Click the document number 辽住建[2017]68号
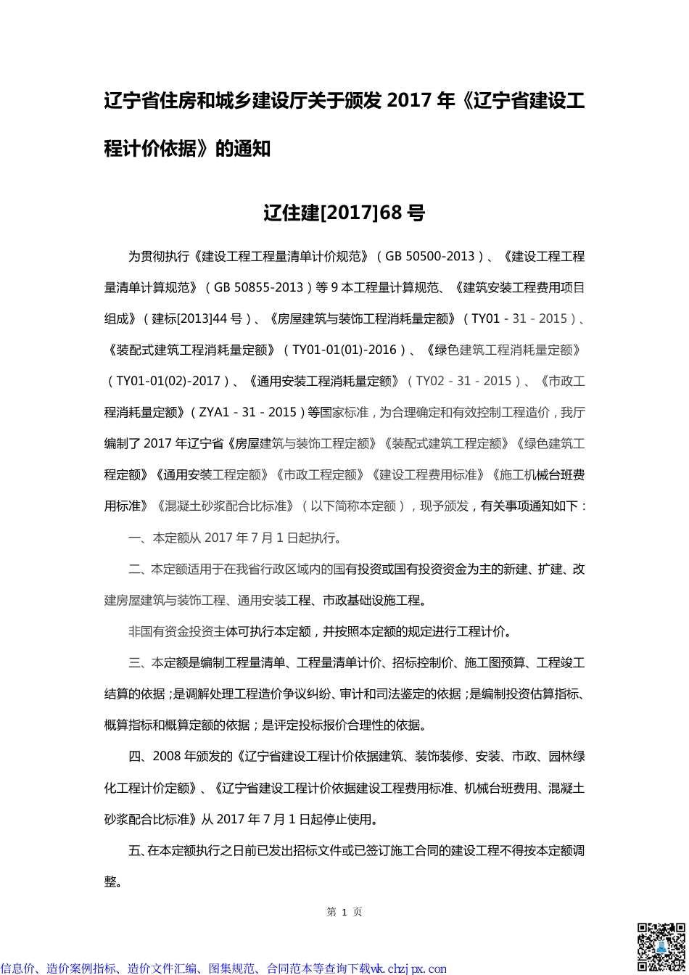click(344, 213)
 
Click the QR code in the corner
click(660, 946)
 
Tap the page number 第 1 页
click(344, 912)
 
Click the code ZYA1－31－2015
click(246, 412)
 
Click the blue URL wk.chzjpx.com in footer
click(409, 968)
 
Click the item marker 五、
click(138, 850)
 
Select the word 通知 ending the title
click(251, 149)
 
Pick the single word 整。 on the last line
click(113, 881)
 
